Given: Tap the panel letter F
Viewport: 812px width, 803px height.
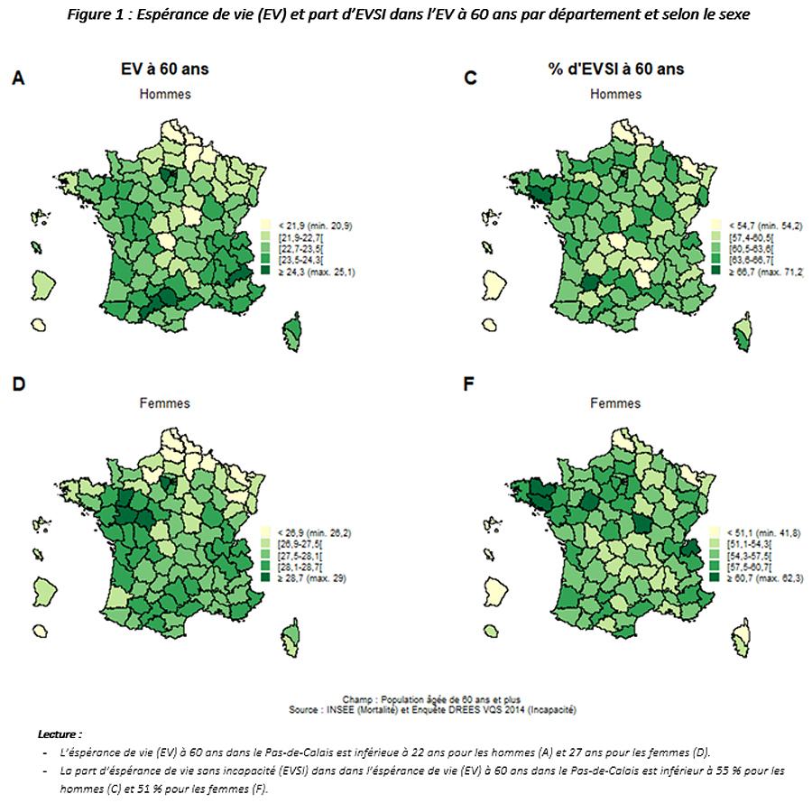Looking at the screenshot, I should coord(468,385).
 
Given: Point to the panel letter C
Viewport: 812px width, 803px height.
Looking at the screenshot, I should coord(469,79).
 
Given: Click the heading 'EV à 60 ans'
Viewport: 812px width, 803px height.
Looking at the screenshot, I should coord(164,69).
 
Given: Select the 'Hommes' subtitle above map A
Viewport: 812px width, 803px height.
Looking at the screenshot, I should coord(164,95).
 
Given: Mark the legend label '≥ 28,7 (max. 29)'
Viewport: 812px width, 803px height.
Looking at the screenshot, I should coord(310,577).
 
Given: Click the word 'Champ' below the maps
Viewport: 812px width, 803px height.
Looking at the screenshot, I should coord(358,699).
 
